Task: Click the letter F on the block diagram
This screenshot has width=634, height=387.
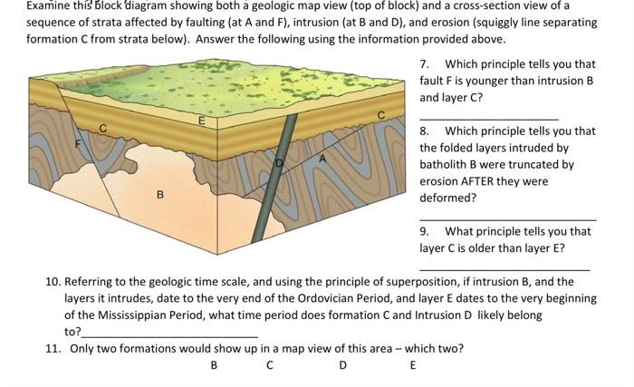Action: coord(78,142)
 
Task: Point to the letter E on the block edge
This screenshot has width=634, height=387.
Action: coord(202,120)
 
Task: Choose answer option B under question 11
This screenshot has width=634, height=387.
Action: coord(214,366)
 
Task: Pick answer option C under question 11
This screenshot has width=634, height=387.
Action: coord(270,366)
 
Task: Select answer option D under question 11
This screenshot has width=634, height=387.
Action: coord(341,366)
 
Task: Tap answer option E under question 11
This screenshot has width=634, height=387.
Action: coord(412,366)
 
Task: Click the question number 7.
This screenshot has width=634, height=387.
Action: coord(425,64)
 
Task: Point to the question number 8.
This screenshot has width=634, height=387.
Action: coord(425,131)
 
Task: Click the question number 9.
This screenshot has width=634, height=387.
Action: coord(425,230)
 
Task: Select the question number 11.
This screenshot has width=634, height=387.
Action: coord(52,349)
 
